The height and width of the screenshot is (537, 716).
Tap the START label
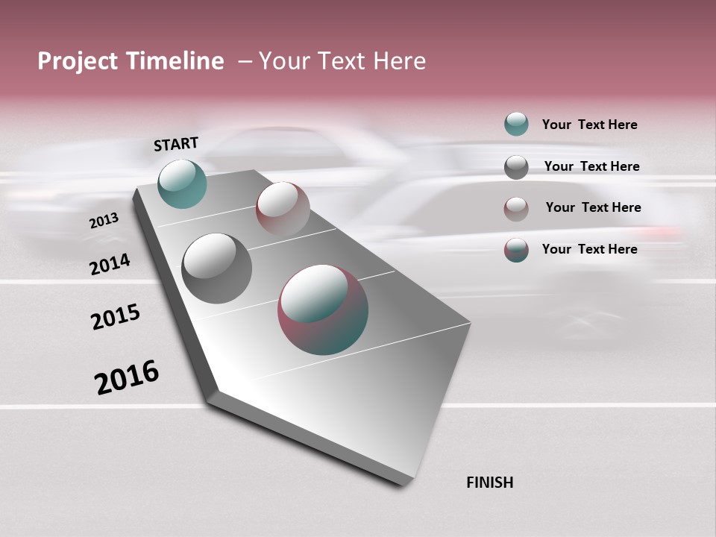coord(176,144)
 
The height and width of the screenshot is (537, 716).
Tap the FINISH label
coord(490,483)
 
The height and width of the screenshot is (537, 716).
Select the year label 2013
coord(104,221)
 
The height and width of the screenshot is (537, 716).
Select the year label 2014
coord(110,265)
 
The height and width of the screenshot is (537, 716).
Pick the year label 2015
coord(116,317)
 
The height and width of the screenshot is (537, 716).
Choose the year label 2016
coord(127,377)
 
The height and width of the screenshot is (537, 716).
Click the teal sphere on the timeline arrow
coord(182,183)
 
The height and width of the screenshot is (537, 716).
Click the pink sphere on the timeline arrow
coord(283,209)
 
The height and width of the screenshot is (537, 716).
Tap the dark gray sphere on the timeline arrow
coord(216,268)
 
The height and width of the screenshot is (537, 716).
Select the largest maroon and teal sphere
coord(323,310)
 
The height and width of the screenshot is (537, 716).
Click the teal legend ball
coord(516,124)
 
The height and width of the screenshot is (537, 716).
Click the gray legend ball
coord(516,167)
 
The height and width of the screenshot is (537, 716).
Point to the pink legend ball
coord(516,209)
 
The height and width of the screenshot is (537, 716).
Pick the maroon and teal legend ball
coord(516,250)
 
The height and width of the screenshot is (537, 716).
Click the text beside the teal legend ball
coord(589,125)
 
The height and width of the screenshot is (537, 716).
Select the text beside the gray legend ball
coord(591,166)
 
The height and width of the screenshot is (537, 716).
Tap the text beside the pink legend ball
coord(593,207)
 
